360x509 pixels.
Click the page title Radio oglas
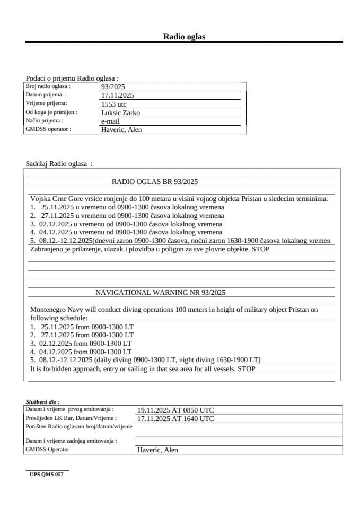click(183, 37)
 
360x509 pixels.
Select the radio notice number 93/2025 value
click(112, 87)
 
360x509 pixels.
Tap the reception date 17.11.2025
click(117, 95)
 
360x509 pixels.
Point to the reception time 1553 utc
click(113, 104)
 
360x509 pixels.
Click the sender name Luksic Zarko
click(120, 113)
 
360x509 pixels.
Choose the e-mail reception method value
click(110, 121)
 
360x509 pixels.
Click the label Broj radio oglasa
click(48, 86)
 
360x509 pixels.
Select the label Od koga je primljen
click(51, 112)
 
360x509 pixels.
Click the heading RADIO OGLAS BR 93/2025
click(154, 181)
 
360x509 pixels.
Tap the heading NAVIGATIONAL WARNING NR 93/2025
click(160, 292)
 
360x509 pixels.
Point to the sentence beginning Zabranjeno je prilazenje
click(150, 249)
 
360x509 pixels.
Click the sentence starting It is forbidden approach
click(142, 368)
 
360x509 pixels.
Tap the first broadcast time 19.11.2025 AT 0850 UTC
click(175, 410)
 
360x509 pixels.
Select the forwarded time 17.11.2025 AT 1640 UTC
click(175, 419)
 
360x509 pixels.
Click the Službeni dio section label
click(42, 402)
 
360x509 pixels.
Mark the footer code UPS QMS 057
click(46, 475)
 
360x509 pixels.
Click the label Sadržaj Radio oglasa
click(59, 164)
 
